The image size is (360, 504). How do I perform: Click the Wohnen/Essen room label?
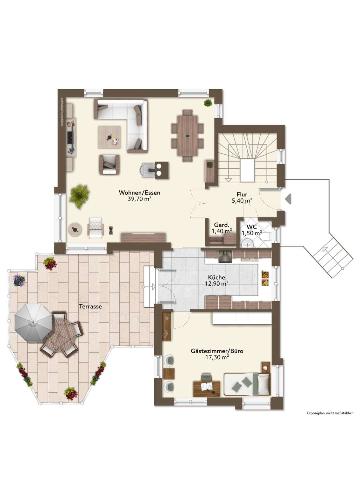pyautogui.click(x=139, y=192)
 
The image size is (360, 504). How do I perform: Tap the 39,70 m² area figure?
pyautogui.click(x=139, y=199)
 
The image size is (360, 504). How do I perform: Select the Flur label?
pyautogui.click(x=242, y=194)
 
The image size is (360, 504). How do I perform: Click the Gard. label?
pyautogui.click(x=222, y=225)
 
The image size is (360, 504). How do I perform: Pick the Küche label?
pyautogui.click(x=217, y=278)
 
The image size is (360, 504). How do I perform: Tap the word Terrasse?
pyautogui.click(x=90, y=306)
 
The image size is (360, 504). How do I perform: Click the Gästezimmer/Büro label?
pyautogui.click(x=217, y=351)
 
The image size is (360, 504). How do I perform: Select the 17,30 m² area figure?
pyautogui.click(x=217, y=357)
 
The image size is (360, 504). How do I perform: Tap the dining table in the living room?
pyautogui.click(x=187, y=136)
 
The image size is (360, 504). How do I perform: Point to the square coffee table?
pyautogui.click(x=110, y=137)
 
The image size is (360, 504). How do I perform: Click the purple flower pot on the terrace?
pyautogui.click(x=19, y=280)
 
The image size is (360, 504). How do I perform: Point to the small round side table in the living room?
pyautogui.click(x=75, y=229)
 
